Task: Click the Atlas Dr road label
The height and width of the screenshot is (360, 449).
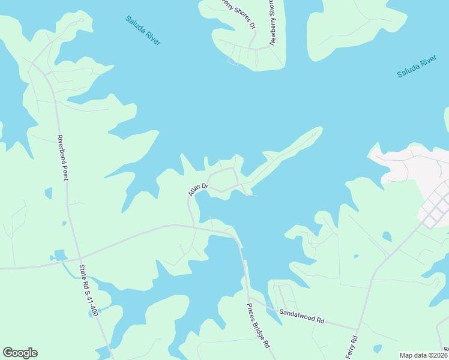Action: [x=197, y=189]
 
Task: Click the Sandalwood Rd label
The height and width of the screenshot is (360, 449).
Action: [x=301, y=317]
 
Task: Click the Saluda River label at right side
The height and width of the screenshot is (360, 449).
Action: [x=416, y=67]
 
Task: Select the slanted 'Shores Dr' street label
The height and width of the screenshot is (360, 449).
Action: [x=241, y=17]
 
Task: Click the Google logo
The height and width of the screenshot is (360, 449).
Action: [x=20, y=353]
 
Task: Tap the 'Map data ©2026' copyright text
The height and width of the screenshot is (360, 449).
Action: [x=423, y=355]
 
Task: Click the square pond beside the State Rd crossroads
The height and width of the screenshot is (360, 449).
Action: [x=60, y=255]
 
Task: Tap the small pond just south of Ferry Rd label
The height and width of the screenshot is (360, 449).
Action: [x=377, y=348]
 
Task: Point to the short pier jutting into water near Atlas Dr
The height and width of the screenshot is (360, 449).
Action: [x=252, y=195]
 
